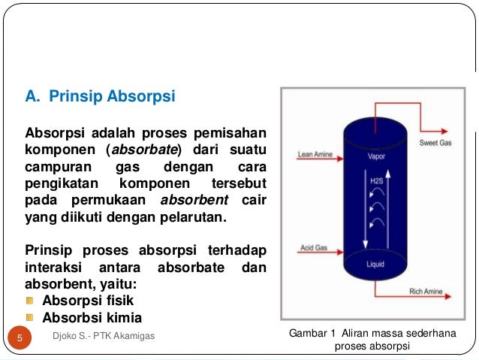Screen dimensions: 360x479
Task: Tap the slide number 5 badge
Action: (x=20, y=340)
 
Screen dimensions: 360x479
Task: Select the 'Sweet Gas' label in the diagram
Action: (x=435, y=143)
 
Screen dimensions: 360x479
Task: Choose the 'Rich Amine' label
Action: (x=425, y=292)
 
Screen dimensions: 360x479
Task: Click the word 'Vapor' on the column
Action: (x=375, y=158)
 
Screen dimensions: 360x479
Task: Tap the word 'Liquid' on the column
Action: (x=375, y=264)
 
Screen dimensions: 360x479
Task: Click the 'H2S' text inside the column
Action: (x=375, y=181)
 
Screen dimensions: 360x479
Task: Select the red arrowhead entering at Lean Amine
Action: (x=342, y=159)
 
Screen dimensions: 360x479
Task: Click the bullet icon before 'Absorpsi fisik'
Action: (x=31, y=301)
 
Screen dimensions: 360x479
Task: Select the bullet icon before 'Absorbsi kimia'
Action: (x=31, y=316)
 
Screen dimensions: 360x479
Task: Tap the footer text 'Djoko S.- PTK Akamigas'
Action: (x=103, y=335)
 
